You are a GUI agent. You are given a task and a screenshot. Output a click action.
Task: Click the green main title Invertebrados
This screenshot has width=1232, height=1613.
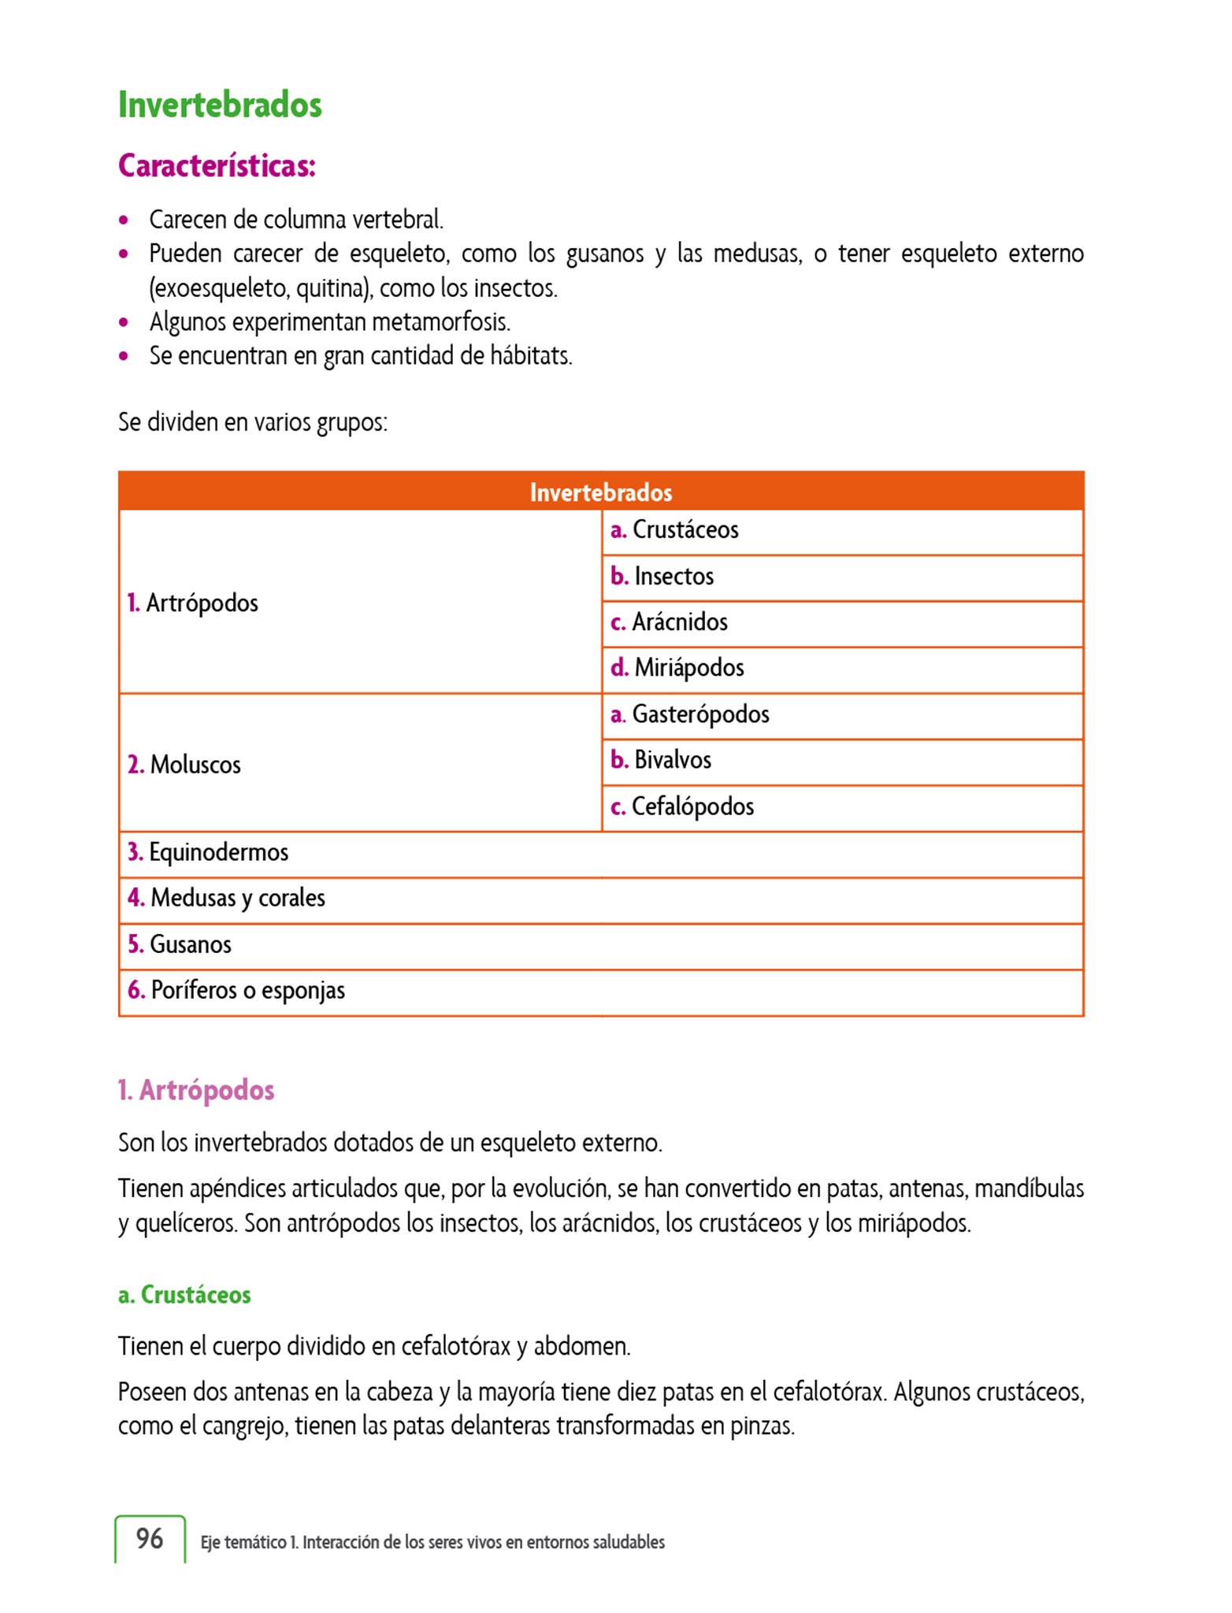[x=220, y=105]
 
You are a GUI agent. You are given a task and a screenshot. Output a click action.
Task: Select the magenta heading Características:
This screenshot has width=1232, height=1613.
[x=217, y=165]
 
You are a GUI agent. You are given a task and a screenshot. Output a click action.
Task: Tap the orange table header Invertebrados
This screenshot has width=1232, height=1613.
[x=601, y=492]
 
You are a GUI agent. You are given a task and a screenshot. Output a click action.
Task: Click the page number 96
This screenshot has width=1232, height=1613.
[x=150, y=1538]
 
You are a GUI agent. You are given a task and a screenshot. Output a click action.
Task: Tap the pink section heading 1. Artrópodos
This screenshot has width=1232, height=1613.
[x=196, y=1090]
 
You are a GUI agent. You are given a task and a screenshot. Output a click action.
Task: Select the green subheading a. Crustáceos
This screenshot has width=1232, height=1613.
[x=184, y=1295]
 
